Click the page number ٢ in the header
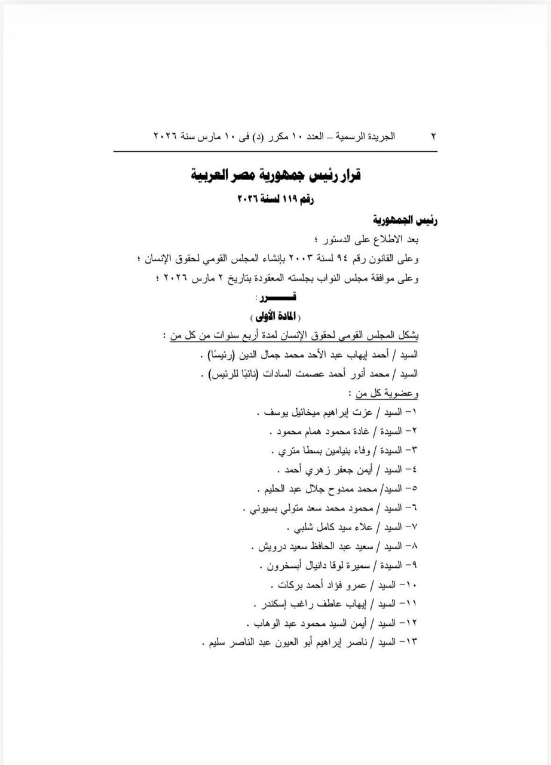pos(433,136)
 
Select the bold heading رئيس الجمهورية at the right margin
pos(406,219)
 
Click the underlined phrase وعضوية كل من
pos(384,393)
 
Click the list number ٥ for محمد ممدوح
pos(414,488)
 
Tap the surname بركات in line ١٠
pos(292,584)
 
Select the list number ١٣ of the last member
pos(411,642)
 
